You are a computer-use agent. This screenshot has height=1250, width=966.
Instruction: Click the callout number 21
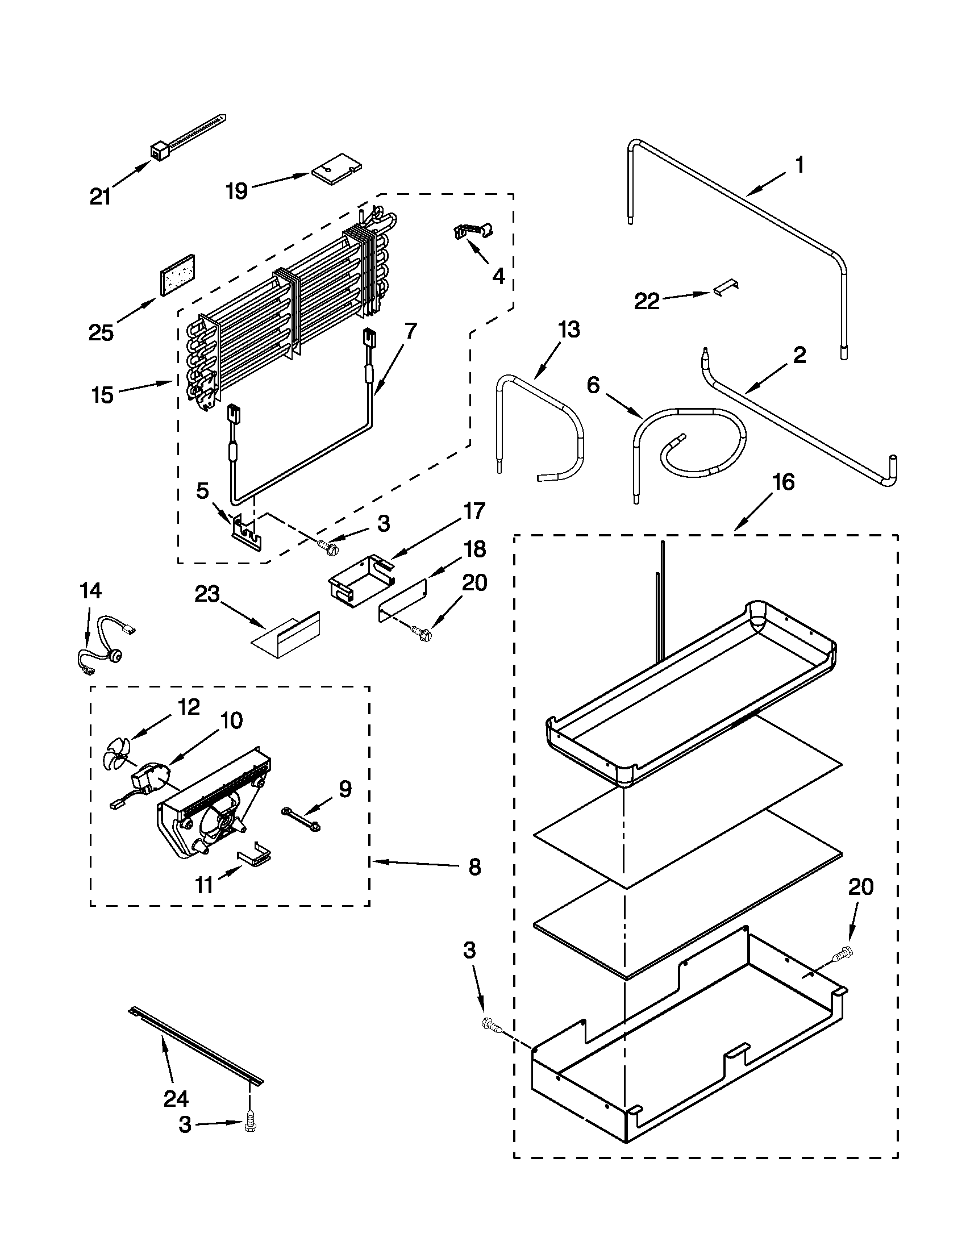pyautogui.click(x=100, y=197)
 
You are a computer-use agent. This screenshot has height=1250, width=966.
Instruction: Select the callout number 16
pyautogui.click(x=783, y=482)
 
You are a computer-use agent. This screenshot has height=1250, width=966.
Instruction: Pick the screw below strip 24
pyautogui.click(x=250, y=1124)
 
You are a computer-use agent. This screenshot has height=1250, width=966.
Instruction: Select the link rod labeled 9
pyautogui.click(x=300, y=818)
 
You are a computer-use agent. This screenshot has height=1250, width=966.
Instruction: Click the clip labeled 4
pyautogui.click(x=473, y=231)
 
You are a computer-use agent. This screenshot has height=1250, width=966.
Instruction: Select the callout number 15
pyautogui.click(x=103, y=395)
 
